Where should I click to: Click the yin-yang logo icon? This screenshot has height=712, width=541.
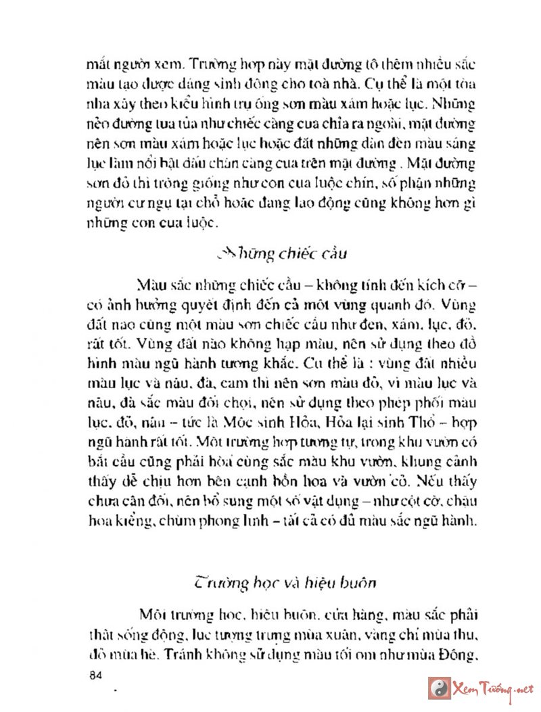point(439,688)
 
